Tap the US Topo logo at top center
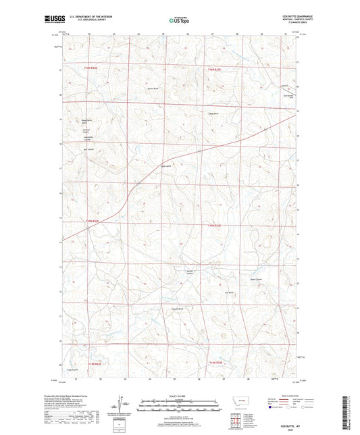(179, 21)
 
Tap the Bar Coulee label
(86, 150)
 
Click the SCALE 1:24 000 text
(180, 396)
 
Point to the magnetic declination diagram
(124, 404)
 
